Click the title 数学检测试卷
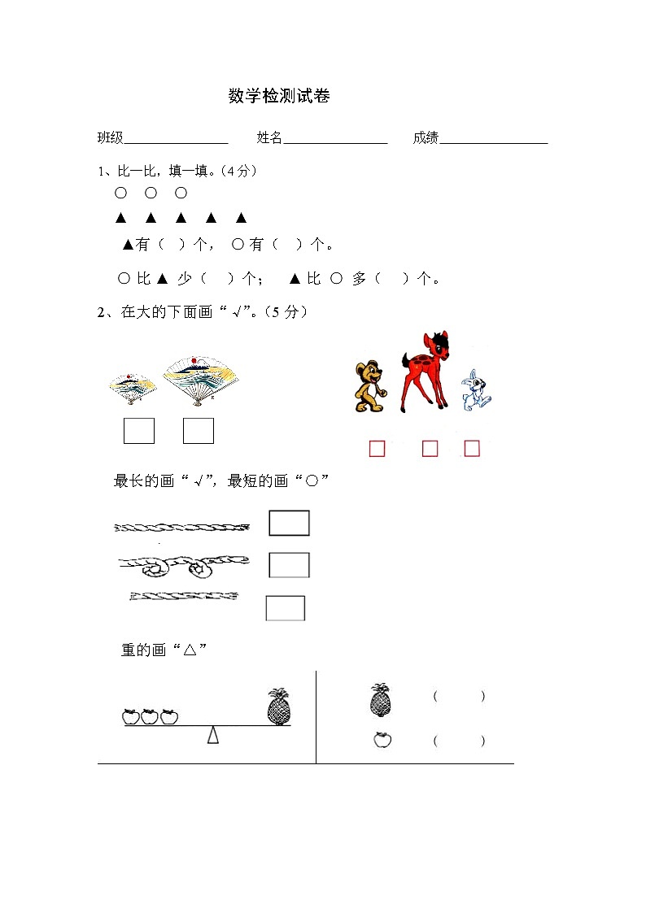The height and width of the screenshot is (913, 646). pyautogui.click(x=279, y=96)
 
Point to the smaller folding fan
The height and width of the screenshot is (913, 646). pyautogui.click(x=133, y=388)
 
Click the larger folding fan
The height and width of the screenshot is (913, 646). pyautogui.click(x=194, y=380)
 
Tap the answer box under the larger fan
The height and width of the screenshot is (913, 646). pyautogui.click(x=199, y=430)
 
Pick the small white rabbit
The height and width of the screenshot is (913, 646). pyautogui.click(x=474, y=391)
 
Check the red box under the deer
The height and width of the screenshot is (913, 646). pyautogui.click(x=430, y=448)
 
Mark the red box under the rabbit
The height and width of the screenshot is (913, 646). pyautogui.click(x=472, y=448)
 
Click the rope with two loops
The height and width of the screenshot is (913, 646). pyautogui.click(x=184, y=563)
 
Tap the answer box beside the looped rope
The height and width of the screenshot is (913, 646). pyautogui.click(x=289, y=564)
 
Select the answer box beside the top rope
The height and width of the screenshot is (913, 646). pyautogui.click(x=289, y=523)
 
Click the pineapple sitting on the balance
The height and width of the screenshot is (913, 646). pyautogui.click(x=279, y=706)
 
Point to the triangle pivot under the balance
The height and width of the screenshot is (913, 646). pyautogui.click(x=213, y=735)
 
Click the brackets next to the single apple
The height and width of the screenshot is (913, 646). pyautogui.click(x=459, y=741)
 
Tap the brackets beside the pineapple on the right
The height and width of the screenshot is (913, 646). pyautogui.click(x=459, y=697)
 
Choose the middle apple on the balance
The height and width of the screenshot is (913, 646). pyautogui.click(x=150, y=716)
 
